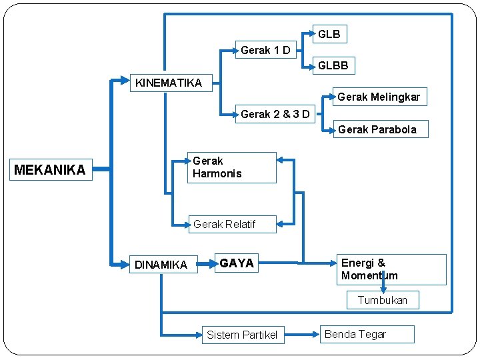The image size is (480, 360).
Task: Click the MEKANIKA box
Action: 50,170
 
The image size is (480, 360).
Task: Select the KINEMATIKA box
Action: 169,83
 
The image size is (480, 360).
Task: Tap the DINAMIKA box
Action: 161,265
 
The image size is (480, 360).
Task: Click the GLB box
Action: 329,33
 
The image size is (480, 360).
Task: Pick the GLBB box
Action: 333,65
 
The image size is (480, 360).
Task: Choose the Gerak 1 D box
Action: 265,50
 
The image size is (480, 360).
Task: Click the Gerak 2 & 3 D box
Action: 275,114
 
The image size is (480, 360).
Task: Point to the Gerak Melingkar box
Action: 378,97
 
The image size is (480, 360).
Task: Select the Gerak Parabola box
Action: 377,129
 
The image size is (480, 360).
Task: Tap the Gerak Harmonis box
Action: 232,167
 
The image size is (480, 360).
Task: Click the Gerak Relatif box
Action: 224,224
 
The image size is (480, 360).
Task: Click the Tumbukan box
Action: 382,300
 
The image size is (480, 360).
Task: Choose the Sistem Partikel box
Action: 241,335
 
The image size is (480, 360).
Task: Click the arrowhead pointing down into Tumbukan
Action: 383,289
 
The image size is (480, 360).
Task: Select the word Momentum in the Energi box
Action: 369,275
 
